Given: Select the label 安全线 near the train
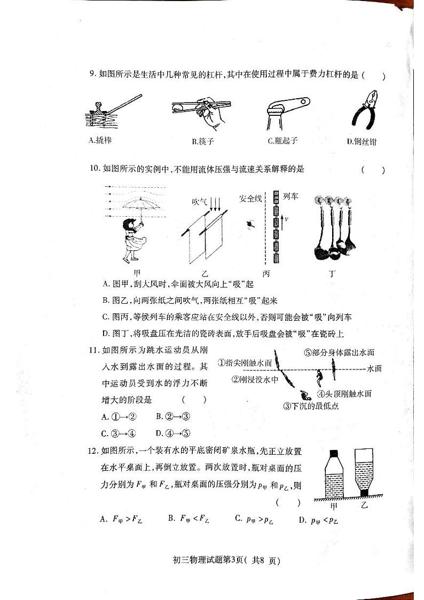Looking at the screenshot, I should [250, 198].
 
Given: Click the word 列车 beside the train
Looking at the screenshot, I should [290, 196].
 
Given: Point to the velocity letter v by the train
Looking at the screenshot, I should [286, 218].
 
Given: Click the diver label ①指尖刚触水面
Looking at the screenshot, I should [245, 363].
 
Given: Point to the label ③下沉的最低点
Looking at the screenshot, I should [311, 406].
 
